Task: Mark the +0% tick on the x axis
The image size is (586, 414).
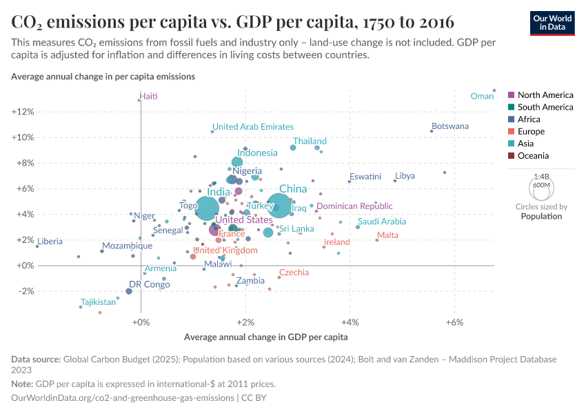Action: click(x=141, y=322)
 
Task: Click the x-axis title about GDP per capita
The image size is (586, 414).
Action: click(x=265, y=337)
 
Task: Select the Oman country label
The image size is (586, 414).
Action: click(x=482, y=97)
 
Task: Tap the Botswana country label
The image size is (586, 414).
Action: click(x=449, y=126)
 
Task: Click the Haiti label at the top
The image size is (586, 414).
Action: click(x=148, y=97)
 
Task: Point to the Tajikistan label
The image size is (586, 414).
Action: click(x=98, y=302)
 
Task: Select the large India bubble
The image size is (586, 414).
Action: click(x=207, y=208)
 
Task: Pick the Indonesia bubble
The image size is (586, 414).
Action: click(x=237, y=162)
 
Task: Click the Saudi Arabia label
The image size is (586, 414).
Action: click(x=381, y=221)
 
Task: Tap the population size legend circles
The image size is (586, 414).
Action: click(x=541, y=186)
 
